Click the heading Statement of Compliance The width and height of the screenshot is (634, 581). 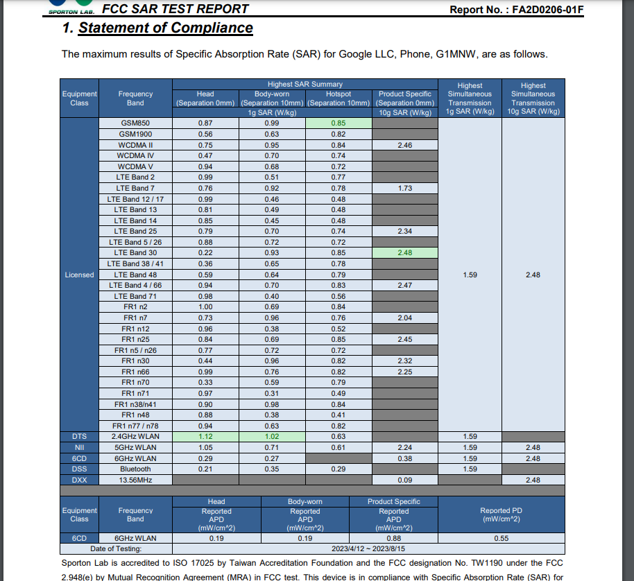165,28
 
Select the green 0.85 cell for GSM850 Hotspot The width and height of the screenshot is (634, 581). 338,123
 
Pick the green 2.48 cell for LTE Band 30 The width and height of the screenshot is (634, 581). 404,253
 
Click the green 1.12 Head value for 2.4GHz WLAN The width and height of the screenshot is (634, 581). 205,437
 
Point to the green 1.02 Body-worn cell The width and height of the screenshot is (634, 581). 272,437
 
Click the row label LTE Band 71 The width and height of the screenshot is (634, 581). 135,296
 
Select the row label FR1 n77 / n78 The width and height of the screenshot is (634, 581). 135,426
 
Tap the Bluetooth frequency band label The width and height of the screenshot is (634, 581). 135,469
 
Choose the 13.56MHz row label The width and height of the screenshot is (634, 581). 135,480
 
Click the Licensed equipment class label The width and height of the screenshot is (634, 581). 79,275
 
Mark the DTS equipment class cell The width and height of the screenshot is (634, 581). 79,437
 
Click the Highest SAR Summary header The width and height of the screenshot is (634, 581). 305,85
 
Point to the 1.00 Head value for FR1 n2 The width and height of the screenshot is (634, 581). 205,307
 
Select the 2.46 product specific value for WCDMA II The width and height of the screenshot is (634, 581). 404,145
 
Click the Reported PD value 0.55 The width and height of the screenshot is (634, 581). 502,538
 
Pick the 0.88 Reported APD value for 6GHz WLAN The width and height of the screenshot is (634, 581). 393,538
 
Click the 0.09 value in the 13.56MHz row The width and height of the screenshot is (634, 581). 404,480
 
